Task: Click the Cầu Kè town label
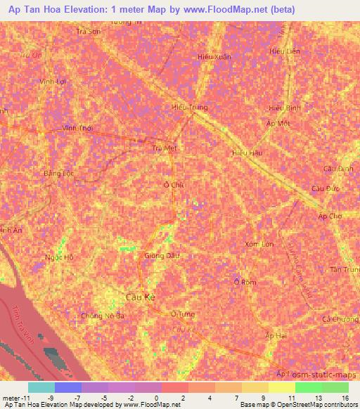point(139,298)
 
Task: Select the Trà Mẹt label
point(165,148)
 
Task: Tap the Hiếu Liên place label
point(284,51)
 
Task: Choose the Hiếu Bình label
point(284,108)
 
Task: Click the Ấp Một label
point(278,123)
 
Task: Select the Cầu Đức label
point(325,190)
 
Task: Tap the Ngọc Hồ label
point(58,257)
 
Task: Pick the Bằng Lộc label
point(58,173)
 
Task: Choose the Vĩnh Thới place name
point(77,129)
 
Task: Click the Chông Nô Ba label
point(103,316)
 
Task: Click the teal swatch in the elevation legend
point(41,387)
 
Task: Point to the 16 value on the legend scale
point(345,398)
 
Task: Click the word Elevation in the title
point(84,10)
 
